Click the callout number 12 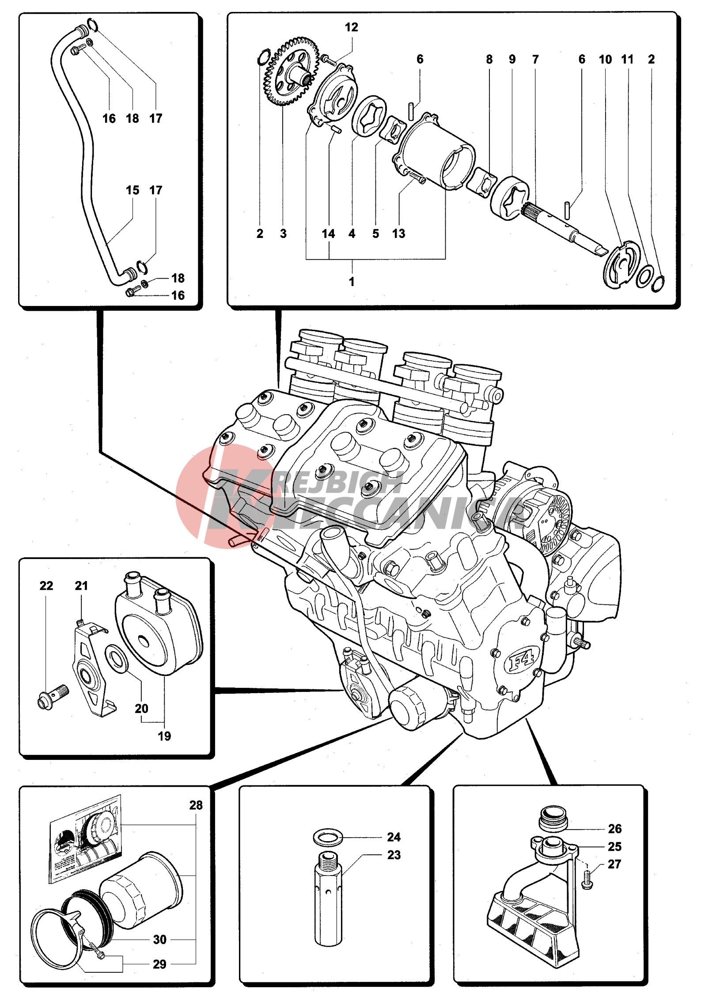[351, 27]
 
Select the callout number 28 [196, 805]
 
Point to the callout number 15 [133, 190]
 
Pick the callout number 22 [46, 585]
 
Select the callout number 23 [394, 855]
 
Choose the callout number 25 [614, 846]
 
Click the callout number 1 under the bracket [352, 281]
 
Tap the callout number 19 [164, 736]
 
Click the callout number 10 [605, 60]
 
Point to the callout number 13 [398, 234]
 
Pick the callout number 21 [81, 585]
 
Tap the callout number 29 [159, 964]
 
